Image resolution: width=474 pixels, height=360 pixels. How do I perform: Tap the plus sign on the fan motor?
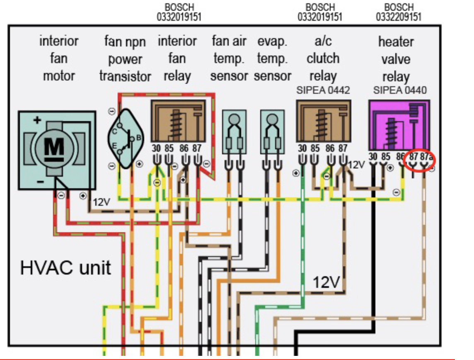click(x=37, y=120)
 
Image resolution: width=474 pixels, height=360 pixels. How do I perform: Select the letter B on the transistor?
click(x=139, y=138)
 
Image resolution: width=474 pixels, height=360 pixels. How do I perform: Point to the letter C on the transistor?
click(x=115, y=131)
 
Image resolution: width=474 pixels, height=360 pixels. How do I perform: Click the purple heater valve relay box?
click(x=399, y=125)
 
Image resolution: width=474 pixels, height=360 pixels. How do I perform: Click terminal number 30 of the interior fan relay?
click(x=156, y=148)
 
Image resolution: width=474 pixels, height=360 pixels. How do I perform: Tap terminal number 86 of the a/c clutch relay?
click(x=330, y=148)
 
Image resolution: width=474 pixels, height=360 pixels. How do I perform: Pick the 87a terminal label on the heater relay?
click(x=426, y=157)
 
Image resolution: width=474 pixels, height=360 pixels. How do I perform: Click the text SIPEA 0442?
click(x=323, y=90)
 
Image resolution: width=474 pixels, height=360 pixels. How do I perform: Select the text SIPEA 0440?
click(x=400, y=90)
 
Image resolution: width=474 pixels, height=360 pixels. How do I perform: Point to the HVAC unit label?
click(x=65, y=268)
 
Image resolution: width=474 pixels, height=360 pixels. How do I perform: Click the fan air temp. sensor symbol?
click(x=234, y=132)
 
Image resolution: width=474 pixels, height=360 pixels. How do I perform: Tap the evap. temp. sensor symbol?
click(x=272, y=132)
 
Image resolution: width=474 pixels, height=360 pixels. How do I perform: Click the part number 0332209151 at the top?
click(x=399, y=17)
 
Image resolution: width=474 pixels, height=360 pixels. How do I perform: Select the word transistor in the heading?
click(x=125, y=76)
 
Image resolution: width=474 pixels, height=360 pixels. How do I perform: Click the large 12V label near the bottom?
click(x=326, y=282)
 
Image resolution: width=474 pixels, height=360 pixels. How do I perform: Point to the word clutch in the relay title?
click(x=323, y=58)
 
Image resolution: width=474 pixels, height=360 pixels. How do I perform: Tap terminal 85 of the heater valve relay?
click(x=385, y=156)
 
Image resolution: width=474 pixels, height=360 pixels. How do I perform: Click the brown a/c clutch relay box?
click(x=324, y=121)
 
